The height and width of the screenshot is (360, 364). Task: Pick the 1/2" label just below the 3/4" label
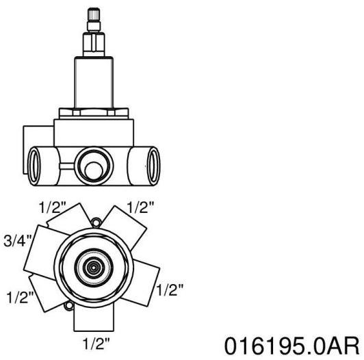(x=21, y=297)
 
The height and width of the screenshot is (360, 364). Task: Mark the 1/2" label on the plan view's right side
(x=170, y=290)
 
